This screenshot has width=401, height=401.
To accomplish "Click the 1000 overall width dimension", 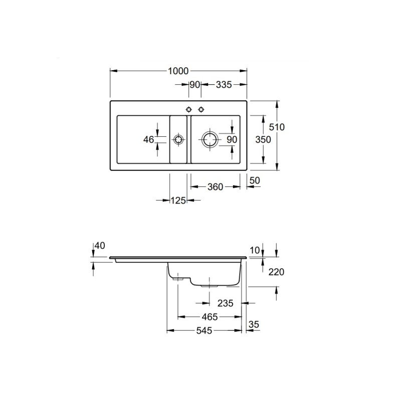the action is (x=178, y=71).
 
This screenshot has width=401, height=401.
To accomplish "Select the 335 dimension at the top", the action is (x=224, y=85).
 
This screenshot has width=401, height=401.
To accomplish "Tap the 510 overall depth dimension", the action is (x=277, y=127).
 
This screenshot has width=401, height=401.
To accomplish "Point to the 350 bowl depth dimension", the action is (x=263, y=140).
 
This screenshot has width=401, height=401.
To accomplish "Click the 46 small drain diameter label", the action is (x=148, y=140).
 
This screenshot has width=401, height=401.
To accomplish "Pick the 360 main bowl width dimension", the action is (x=216, y=187).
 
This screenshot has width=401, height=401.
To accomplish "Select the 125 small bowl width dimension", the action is (x=178, y=200).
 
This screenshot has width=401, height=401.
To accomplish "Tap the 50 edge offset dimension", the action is (x=255, y=180).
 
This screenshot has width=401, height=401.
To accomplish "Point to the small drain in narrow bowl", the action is (x=178, y=140).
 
